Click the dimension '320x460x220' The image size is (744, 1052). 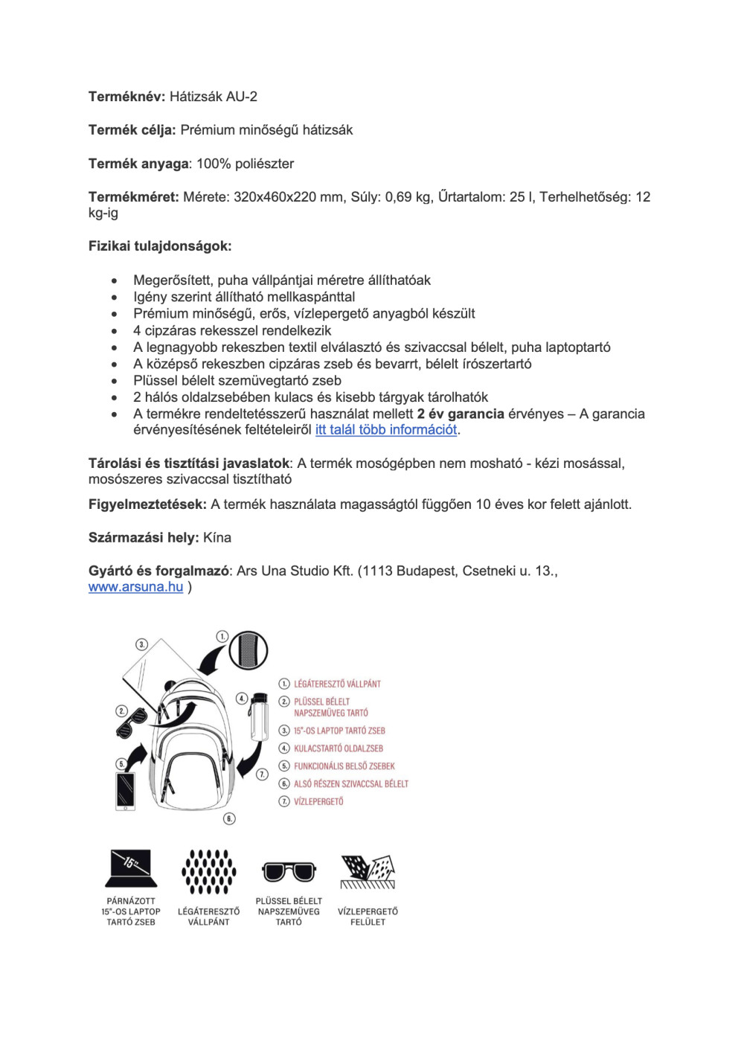coord(275,197)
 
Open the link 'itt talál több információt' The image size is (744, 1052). coord(385,430)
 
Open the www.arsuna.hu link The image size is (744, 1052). coord(135,587)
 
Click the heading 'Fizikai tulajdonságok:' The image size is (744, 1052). coord(160,246)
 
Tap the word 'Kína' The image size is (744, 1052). coord(217,538)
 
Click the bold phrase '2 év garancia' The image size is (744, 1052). coord(461,414)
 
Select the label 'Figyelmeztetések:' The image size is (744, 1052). coord(147,504)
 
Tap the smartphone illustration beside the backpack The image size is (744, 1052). coord(125,791)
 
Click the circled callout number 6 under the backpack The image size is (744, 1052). coord(230,818)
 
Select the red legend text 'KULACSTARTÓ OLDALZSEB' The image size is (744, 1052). coord(339,748)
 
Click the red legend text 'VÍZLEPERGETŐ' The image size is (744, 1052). coord(318,802)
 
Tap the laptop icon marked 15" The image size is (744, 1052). coord(131,867)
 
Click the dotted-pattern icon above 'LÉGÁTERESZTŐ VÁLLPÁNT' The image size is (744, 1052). coord(209,871)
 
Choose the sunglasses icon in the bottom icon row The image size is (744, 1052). coord(289,871)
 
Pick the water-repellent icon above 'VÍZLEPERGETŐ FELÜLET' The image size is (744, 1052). coord(368,871)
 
